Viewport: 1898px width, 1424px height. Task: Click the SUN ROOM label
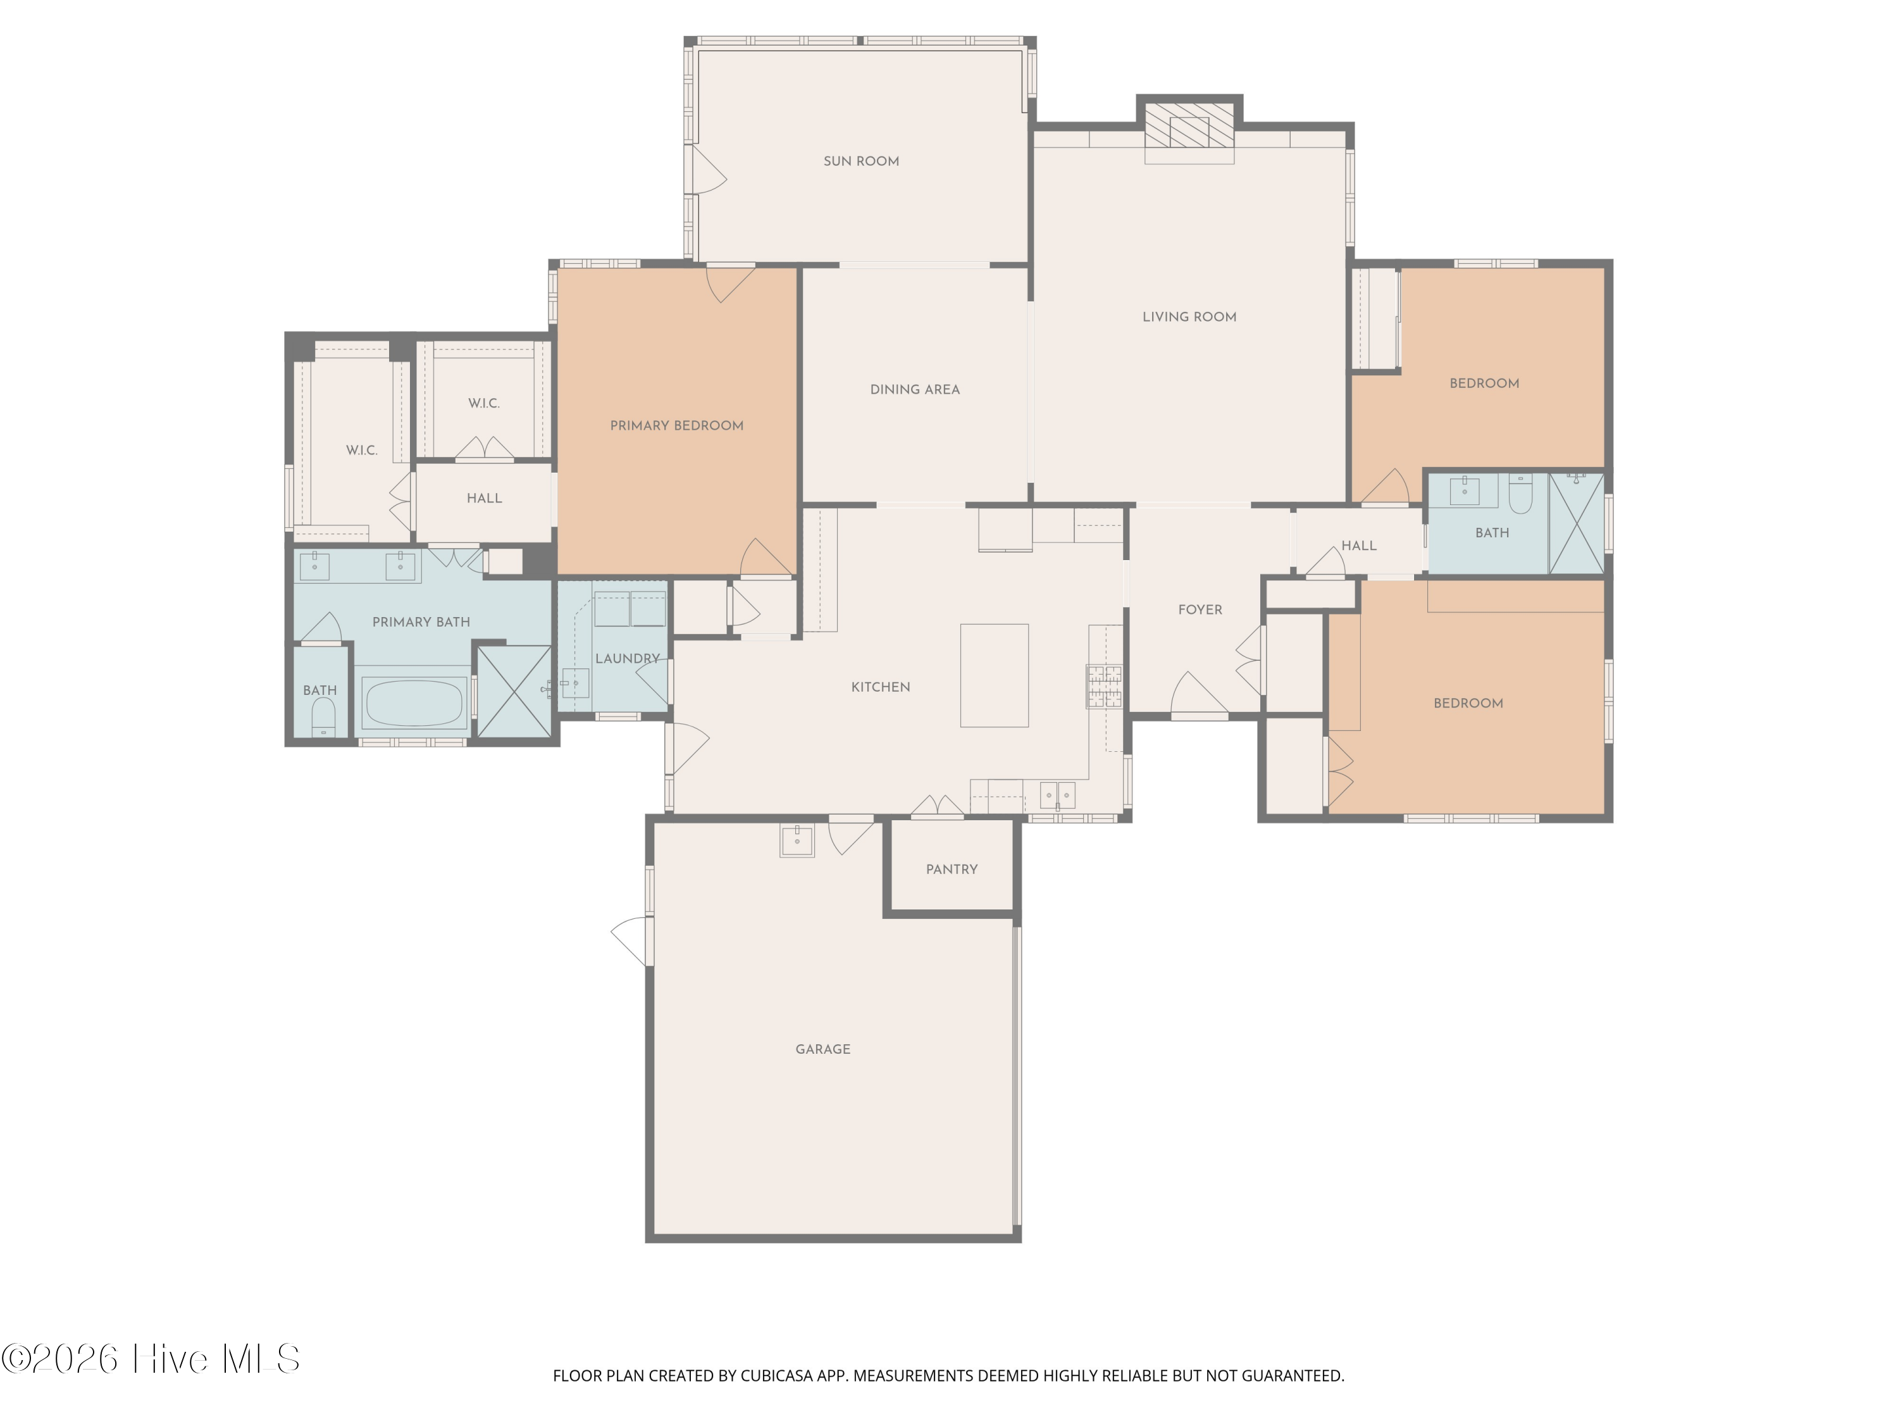(x=860, y=161)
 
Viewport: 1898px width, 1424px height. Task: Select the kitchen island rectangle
(x=994, y=675)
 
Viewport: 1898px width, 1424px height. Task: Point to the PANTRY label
(x=952, y=870)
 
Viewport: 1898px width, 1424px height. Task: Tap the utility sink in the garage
(x=797, y=840)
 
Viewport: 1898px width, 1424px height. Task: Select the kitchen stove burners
(x=1104, y=687)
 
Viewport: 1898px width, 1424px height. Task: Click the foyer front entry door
(x=1200, y=696)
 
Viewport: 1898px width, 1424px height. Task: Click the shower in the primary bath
(x=514, y=691)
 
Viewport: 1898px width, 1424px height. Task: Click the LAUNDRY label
(x=627, y=658)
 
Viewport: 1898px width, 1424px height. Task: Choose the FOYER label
(x=1200, y=610)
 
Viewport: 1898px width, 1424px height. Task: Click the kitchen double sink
(x=1057, y=795)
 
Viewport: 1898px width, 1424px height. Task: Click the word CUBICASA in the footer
(x=776, y=1376)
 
